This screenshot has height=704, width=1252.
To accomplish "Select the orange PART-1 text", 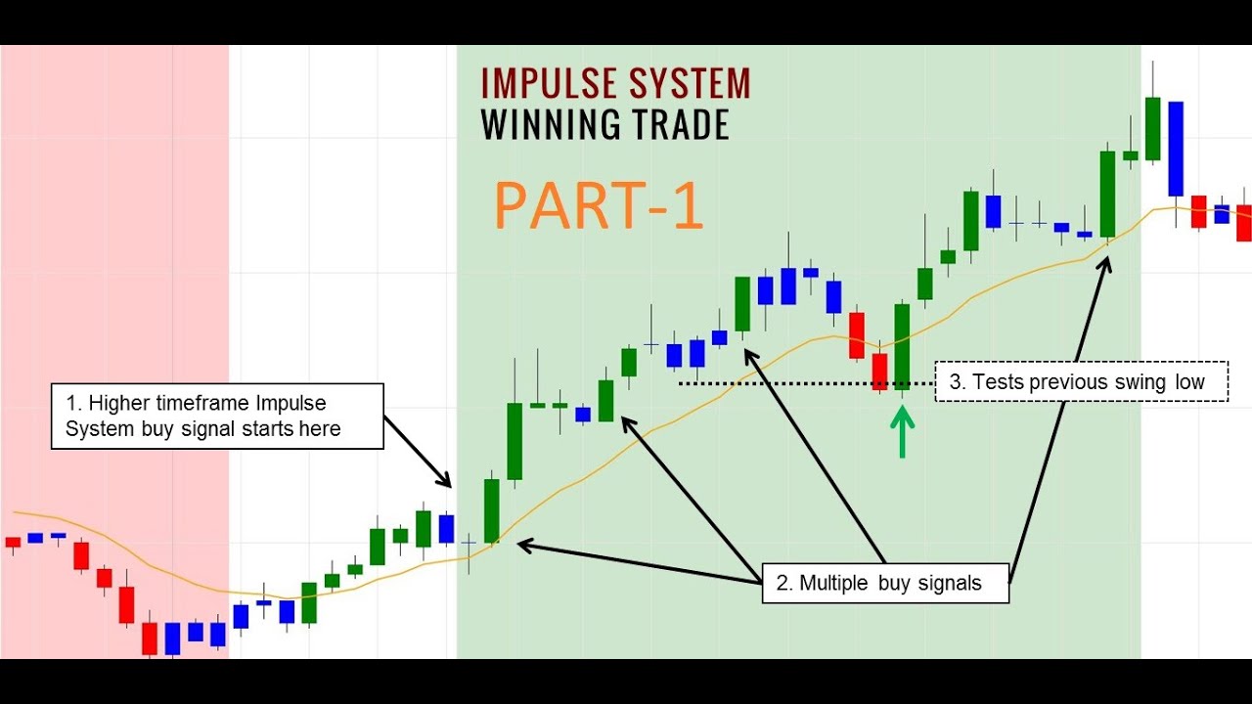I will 598,205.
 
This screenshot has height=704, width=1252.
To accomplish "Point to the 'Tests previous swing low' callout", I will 1082,381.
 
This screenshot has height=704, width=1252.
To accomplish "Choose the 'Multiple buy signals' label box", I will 885,584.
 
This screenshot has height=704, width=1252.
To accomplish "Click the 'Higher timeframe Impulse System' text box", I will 217,416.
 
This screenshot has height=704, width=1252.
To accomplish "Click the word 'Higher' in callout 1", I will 119,403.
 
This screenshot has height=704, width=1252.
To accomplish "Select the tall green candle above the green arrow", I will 902,347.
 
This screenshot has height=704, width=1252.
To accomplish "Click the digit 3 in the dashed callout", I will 955,382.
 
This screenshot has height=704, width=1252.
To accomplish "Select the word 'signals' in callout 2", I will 950,584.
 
